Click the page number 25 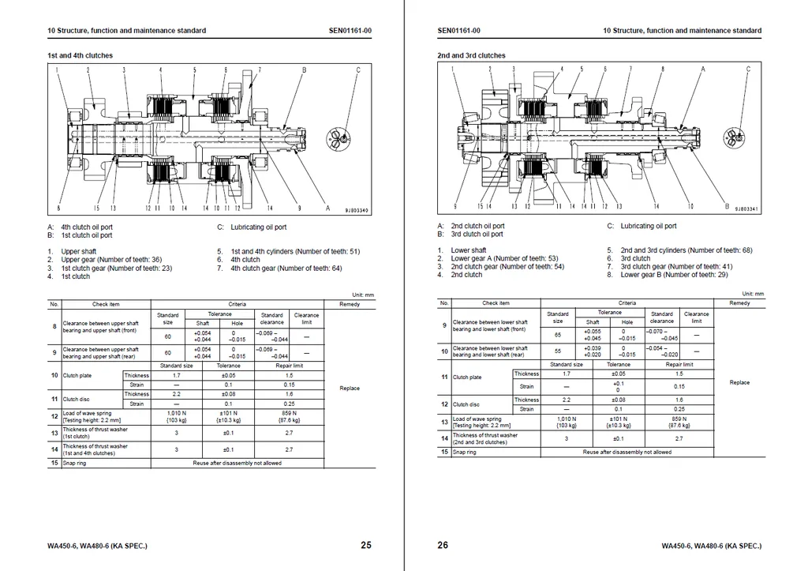tap(365, 545)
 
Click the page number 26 tap(443, 545)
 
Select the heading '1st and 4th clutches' tap(80, 56)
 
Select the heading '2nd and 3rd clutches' tap(471, 56)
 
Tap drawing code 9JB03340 tap(357, 210)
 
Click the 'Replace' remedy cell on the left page tap(350, 388)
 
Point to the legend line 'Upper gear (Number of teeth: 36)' tap(111, 260)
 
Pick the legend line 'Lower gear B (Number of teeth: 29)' tap(674, 275)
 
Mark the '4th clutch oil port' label tap(87, 227)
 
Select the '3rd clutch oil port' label tap(477, 235)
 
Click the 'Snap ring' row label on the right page tap(465, 453)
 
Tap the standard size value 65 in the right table tap(558, 335)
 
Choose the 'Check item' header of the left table tap(107, 304)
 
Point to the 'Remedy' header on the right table tap(739, 303)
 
